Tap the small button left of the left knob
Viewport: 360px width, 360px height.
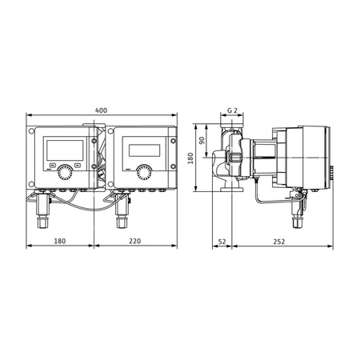pos(52,168)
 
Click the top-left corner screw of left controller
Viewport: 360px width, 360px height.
pos(33,130)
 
